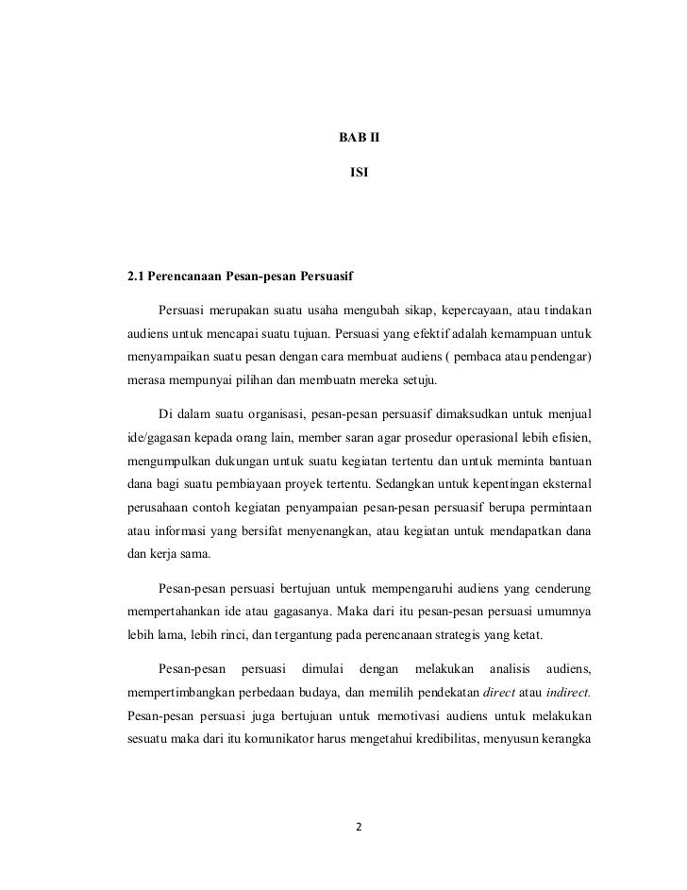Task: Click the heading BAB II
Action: click(x=358, y=139)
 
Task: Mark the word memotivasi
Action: click(x=391, y=722)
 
